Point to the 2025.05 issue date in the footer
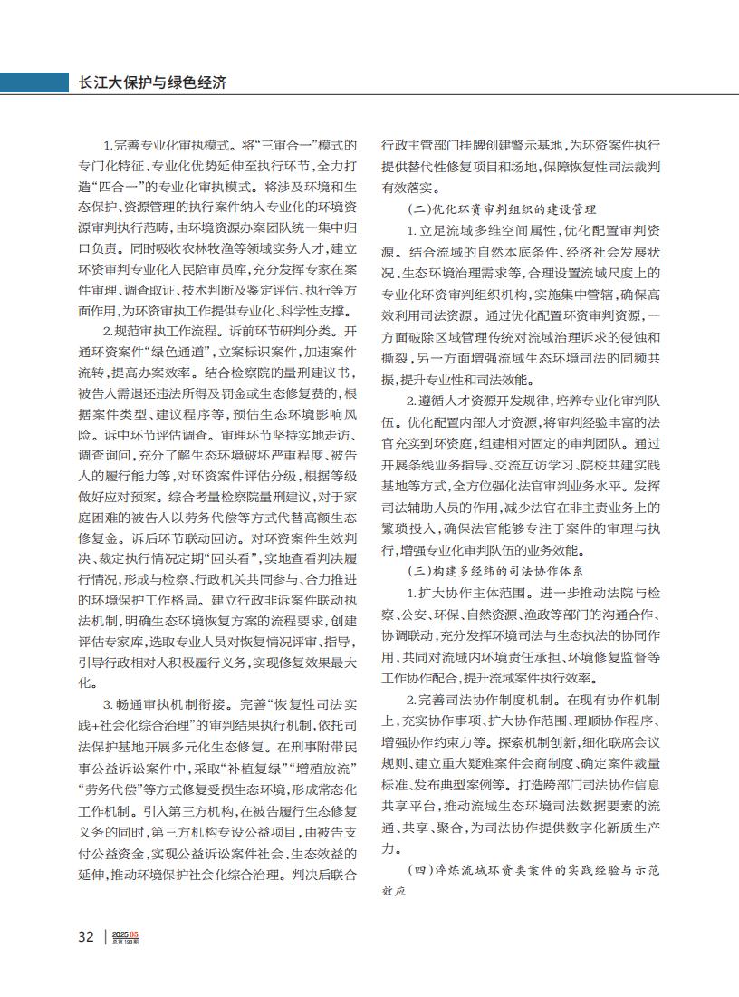click(126, 934)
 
